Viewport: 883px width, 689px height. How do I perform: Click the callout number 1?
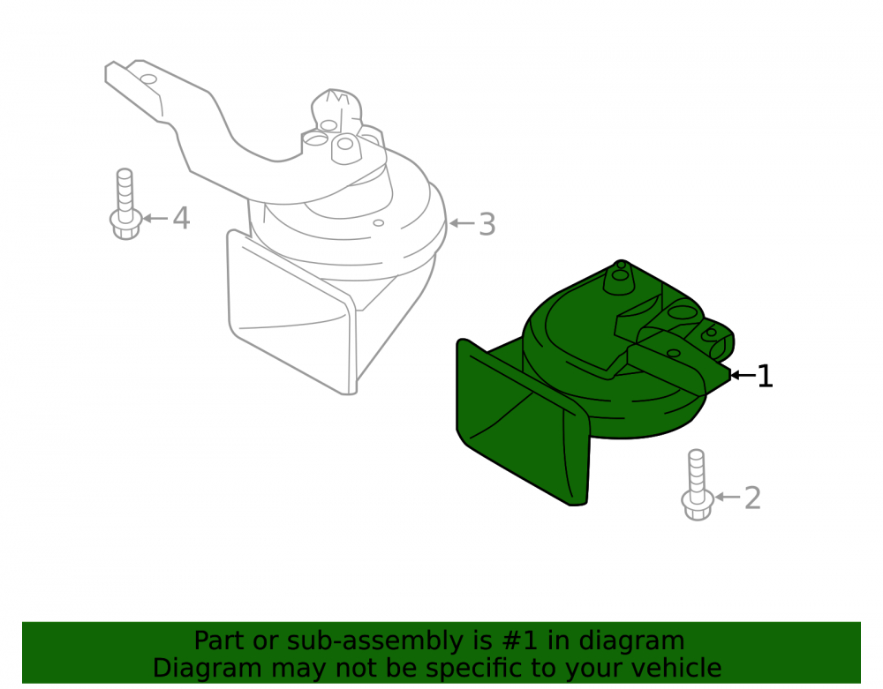click(x=765, y=376)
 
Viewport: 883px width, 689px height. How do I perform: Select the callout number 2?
click(x=752, y=498)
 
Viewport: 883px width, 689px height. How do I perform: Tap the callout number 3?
click(x=487, y=224)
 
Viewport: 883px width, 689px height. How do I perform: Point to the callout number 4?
click(x=181, y=218)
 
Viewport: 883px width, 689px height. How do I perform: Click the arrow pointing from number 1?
click(x=743, y=375)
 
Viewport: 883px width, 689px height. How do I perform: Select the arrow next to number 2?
click(x=728, y=498)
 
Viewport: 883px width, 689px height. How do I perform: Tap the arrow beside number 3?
click(x=463, y=223)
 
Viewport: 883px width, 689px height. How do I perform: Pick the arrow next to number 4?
click(x=155, y=218)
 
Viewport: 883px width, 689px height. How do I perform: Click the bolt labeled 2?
click(x=698, y=484)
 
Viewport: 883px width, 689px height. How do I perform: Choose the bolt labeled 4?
click(x=125, y=204)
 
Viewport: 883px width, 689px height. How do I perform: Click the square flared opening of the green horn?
click(x=521, y=423)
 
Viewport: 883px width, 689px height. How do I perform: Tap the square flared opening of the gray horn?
click(x=291, y=312)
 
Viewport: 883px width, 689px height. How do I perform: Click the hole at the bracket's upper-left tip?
click(x=148, y=79)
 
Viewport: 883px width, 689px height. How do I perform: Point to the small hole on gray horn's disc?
click(x=379, y=223)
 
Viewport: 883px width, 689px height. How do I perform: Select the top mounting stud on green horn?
click(x=620, y=277)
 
